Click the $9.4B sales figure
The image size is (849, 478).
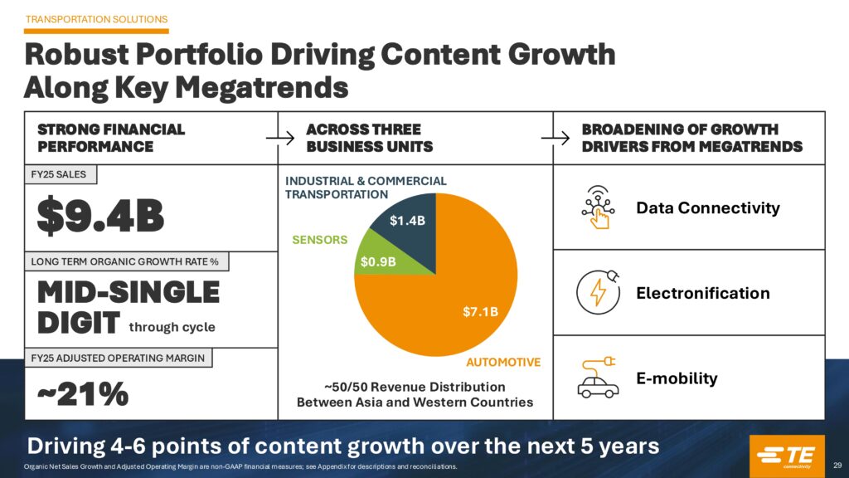101,215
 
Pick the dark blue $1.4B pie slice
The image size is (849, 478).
406,217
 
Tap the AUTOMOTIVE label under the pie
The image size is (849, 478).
503,363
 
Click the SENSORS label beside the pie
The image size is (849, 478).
319,240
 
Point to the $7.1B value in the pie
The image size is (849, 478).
480,312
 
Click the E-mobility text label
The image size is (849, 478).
677,378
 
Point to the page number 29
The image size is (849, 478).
837,465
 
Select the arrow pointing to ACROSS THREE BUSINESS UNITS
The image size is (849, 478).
287,139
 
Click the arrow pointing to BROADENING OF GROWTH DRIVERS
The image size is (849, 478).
564,139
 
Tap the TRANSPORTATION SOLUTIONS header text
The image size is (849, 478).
97,19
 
